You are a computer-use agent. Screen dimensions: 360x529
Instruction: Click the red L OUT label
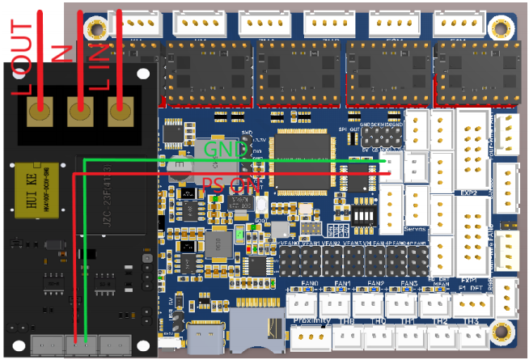point(23,57)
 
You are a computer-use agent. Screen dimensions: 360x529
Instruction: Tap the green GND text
point(226,150)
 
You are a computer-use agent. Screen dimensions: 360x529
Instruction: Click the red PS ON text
point(231,184)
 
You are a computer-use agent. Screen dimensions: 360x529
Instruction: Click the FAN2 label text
point(375,283)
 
